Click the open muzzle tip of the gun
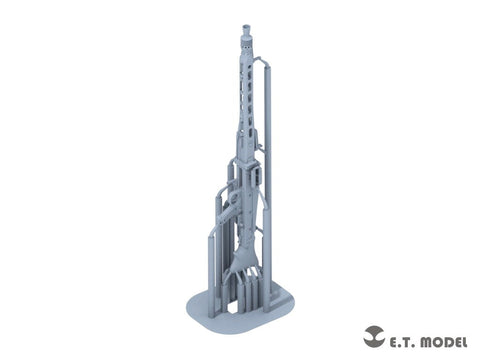(246, 27)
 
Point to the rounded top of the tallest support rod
(267, 68)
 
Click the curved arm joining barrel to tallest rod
(259, 60)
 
